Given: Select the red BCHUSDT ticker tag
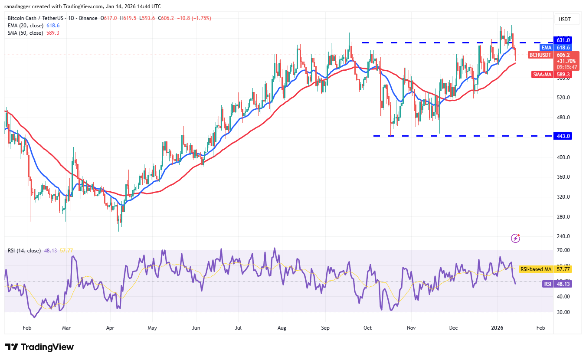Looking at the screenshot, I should [540, 55].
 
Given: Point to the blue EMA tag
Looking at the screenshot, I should [546, 48].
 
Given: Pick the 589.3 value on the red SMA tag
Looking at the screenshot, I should [564, 75].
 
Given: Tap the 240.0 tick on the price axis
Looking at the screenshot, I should [563, 236].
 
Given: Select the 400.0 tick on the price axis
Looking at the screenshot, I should [563, 157].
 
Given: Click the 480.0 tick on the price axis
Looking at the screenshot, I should [563, 118].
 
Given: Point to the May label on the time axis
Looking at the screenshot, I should [152, 328].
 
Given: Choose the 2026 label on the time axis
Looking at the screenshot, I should [497, 328].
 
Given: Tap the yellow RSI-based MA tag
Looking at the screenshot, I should [536, 269].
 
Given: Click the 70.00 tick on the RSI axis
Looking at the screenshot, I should [563, 250].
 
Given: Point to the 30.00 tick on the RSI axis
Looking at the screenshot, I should [563, 312].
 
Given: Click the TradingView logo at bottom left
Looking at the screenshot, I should [39, 347].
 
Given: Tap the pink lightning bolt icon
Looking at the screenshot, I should [515, 238].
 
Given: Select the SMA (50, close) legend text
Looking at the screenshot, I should [26, 33].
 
